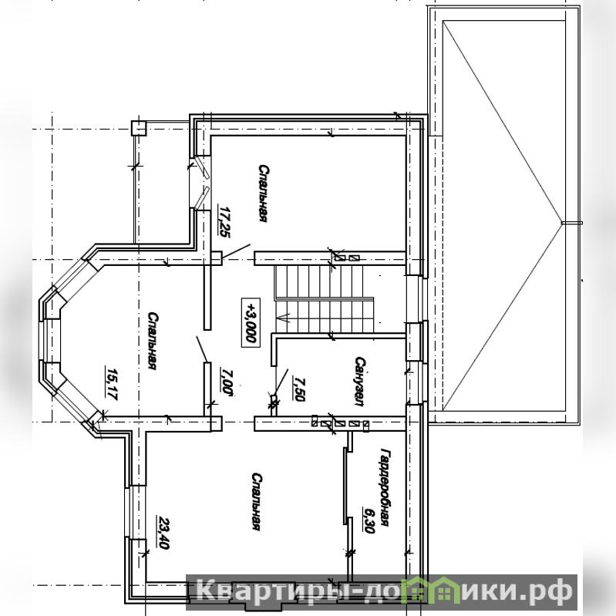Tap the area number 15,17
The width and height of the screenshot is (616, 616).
(x=112, y=383)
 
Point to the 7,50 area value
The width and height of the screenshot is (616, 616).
(x=299, y=389)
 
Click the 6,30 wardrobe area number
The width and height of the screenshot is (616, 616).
(x=369, y=520)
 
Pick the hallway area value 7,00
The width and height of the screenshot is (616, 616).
(x=226, y=381)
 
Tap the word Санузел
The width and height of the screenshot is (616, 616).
(x=359, y=381)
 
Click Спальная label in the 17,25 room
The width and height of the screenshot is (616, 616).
(x=264, y=194)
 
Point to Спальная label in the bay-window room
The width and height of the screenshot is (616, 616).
(x=153, y=341)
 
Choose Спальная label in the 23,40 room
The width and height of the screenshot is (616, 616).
(x=257, y=502)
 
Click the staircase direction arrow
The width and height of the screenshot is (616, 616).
(x=284, y=317)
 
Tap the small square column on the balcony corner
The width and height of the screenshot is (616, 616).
(x=138, y=128)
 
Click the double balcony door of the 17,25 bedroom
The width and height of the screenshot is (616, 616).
(x=201, y=182)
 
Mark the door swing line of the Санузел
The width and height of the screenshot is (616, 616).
(x=281, y=382)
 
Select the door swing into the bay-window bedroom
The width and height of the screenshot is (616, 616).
(x=202, y=348)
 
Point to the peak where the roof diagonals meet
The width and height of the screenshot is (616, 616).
(x=562, y=223)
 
